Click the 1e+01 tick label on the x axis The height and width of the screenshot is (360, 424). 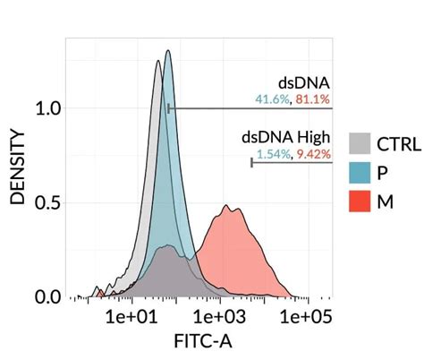[131, 317]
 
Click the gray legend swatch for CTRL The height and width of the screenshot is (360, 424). [360, 143]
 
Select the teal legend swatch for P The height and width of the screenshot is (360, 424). [360, 173]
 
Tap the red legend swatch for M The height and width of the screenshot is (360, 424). [360, 202]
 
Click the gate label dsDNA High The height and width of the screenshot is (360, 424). [284, 138]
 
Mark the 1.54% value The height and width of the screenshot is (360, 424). [273, 154]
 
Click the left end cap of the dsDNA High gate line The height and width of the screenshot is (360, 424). [251, 163]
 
